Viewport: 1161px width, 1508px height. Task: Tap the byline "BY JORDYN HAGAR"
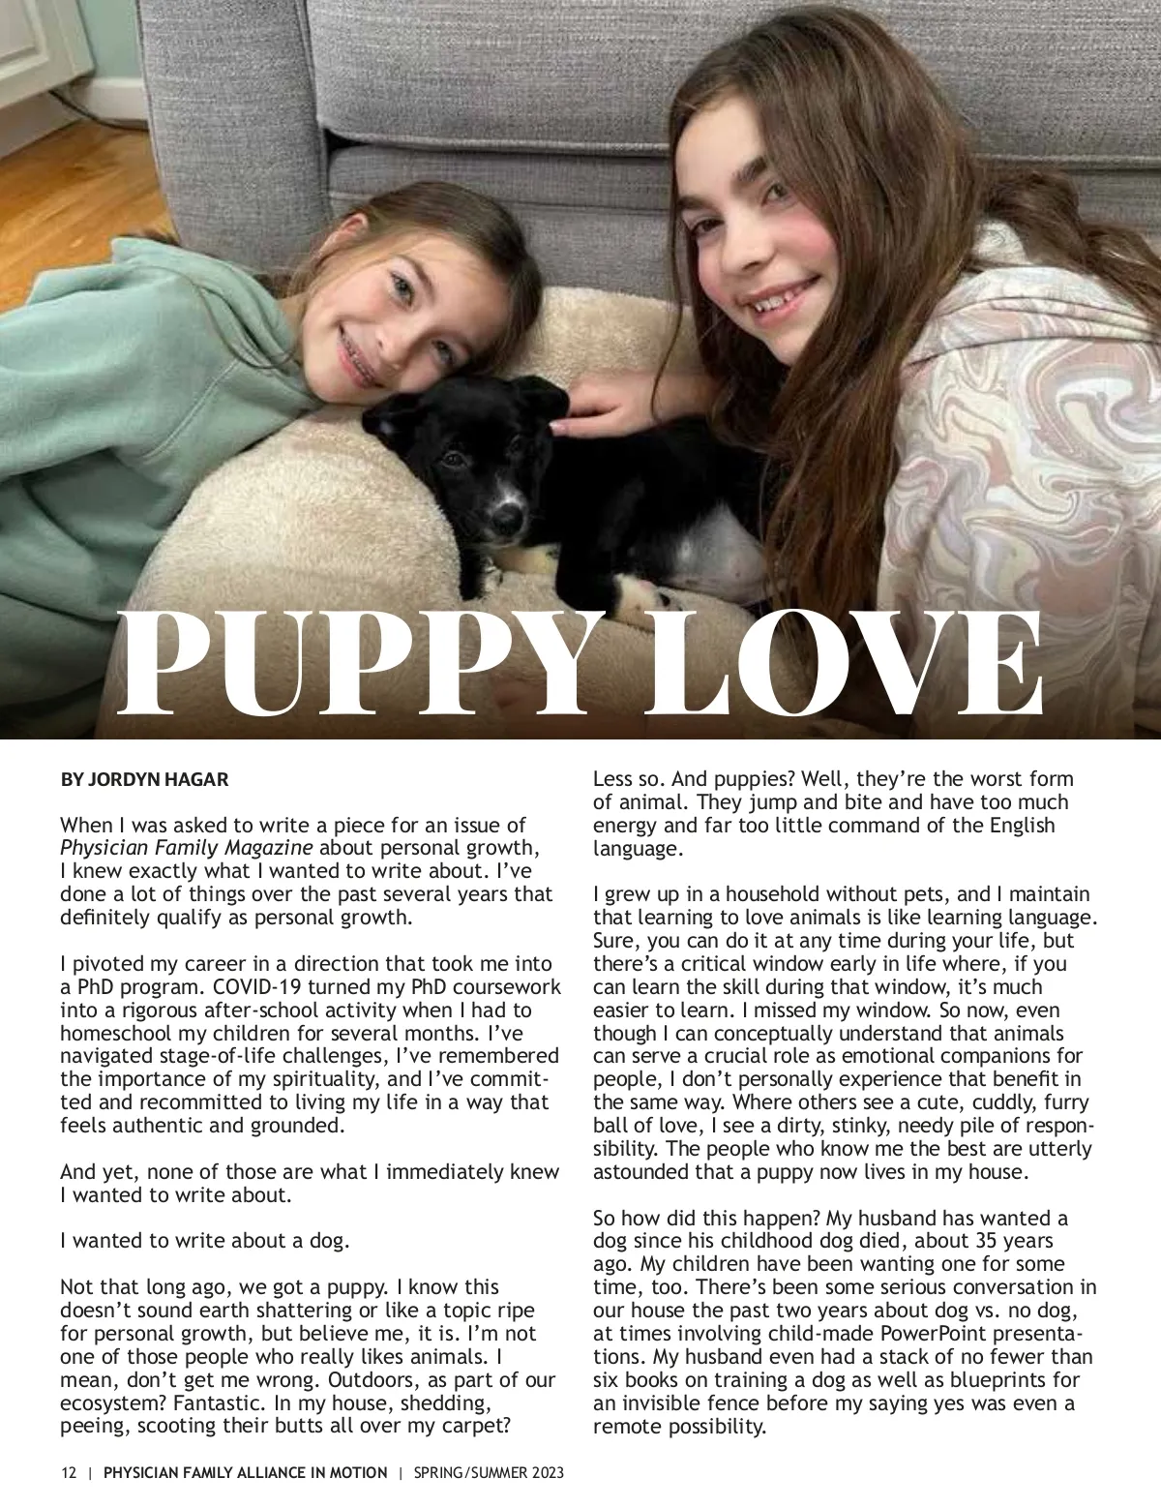point(144,779)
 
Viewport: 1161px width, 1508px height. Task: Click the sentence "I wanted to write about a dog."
point(204,1241)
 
